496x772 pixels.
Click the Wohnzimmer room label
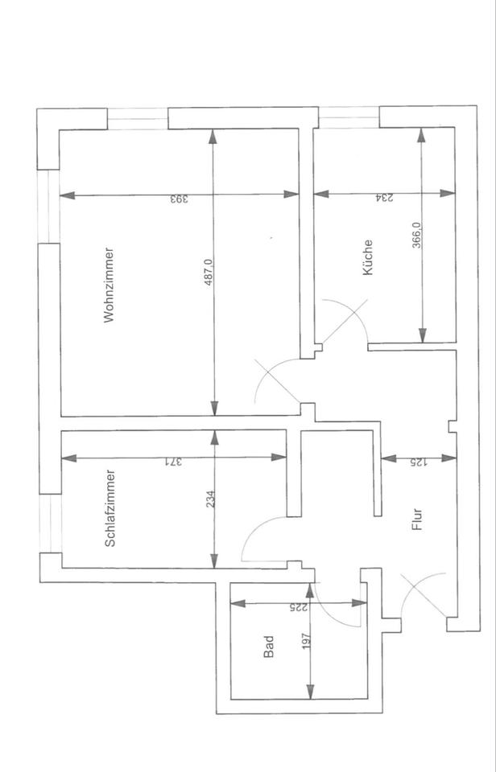(x=110, y=285)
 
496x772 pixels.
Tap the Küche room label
(x=368, y=258)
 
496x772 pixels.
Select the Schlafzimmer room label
(x=110, y=508)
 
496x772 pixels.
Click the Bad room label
(x=269, y=647)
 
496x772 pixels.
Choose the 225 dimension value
(x=299, y=608)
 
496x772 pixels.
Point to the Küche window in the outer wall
(x=347, y=118)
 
